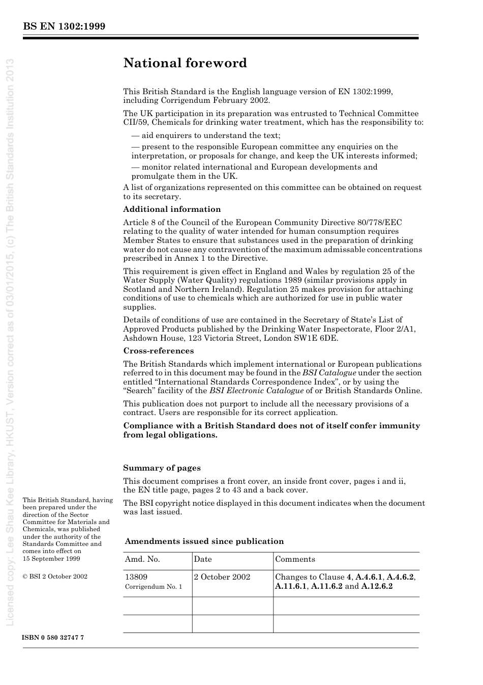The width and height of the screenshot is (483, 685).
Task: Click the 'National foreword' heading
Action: (x=185, y=63)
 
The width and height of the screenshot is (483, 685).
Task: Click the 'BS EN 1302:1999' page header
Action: (x=64, y=26)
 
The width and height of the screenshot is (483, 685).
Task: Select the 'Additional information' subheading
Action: (x=172, y=209)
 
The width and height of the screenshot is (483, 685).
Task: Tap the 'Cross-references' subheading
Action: (x=158, y=351)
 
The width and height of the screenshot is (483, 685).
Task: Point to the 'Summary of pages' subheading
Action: (x=162, y=468)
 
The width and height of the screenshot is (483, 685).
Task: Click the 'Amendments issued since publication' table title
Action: (x=204, y=541)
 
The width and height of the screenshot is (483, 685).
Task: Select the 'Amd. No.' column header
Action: (x=142, y=559)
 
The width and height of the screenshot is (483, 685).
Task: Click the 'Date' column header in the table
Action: (x=202, y=559)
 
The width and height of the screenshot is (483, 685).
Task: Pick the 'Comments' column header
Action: (x=295, y=559)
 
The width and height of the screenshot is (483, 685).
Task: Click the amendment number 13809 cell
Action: (x=136, y=577)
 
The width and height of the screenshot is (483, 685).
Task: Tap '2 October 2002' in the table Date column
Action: (x=222, y=577)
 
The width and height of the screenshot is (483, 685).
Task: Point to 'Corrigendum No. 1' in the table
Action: (x=154, y=587)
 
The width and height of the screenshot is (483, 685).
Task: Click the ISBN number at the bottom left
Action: (x=53, y=638)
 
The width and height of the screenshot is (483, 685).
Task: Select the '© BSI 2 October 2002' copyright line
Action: (x=55, y=577)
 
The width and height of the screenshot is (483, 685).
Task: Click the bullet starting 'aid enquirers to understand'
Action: (x=206, y=135)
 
